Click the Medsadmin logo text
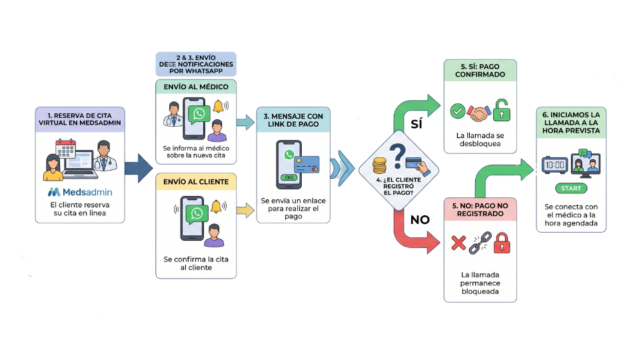click(x=85, y=192)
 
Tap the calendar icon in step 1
click(x=66, y=150)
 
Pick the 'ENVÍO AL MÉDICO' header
click(x=196, y=87)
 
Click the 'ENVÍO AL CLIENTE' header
click(x=196, y=181)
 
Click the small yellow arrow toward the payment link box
click(x=245, y=211)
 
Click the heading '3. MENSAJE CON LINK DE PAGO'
click(x=293, y=121)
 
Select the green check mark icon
click(x=457, y=111)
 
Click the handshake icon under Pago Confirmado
click(x=479, y=112)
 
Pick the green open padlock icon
click(x=502, y=110)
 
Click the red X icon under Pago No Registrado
click(x=458, y=243)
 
